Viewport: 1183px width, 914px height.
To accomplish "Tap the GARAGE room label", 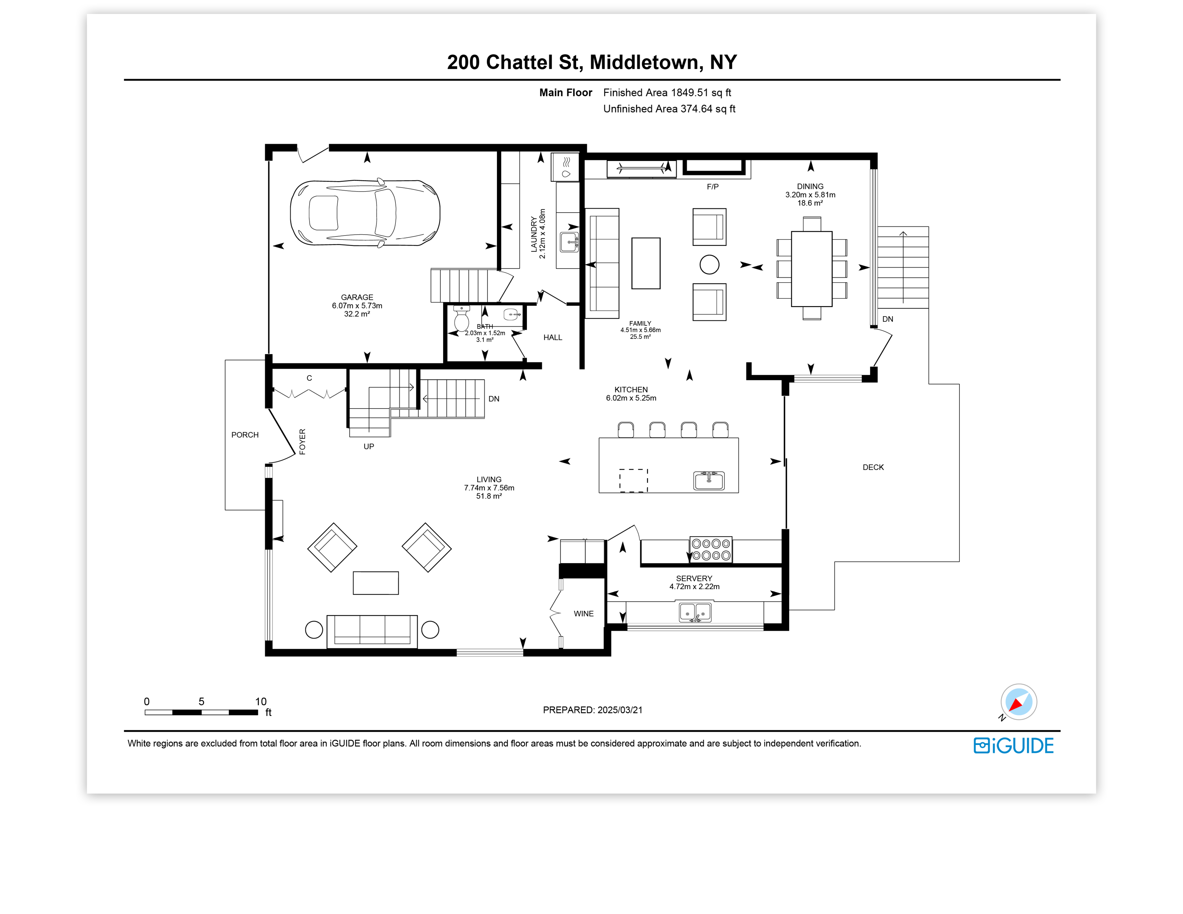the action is click(x=357, y=297).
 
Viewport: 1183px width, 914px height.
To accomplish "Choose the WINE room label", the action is click(x=583, y=613).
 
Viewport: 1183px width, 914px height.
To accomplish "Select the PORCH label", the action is click(x=245, y=435).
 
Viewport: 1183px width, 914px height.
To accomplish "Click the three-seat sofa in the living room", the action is click(x=372, y=631).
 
